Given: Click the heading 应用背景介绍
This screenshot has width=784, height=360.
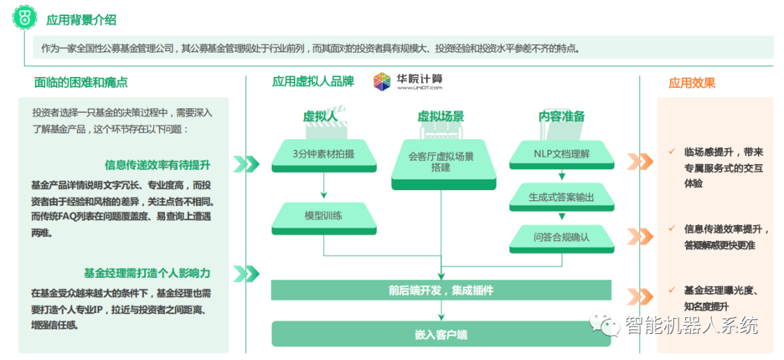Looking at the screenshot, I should [81, 20].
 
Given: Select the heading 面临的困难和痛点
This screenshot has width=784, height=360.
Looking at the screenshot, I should [86, 82].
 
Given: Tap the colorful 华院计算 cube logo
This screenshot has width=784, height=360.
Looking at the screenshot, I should [382, 81].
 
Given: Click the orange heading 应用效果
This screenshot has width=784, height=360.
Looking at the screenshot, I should [692, 83].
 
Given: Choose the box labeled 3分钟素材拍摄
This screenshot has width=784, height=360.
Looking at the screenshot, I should [324, 153].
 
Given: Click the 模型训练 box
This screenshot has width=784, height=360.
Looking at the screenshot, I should [324, 216].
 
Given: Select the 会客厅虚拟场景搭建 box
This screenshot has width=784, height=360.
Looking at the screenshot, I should [441, 161].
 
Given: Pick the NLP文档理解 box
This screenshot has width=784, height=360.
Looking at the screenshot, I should [561, 153].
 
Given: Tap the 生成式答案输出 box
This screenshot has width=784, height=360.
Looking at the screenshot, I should [561, 196].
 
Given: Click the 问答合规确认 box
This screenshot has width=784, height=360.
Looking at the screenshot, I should [561, 237].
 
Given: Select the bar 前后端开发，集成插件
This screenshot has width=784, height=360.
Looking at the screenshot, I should [441, 290].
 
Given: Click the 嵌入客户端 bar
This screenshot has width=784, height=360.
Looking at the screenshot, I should [441, 335].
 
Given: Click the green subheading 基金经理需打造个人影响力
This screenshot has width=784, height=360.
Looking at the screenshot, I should [147, 273].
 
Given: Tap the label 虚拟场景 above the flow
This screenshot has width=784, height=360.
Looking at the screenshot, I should [441, 116].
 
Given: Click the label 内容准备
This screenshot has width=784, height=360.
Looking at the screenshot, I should [561, 116].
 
